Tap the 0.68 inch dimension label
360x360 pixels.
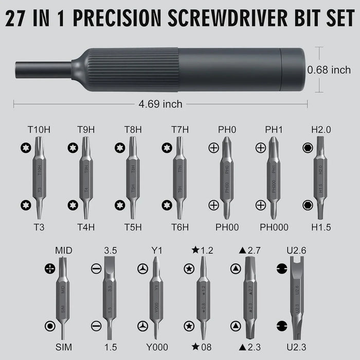click(329, 69)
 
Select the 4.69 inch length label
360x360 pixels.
click(160, 104)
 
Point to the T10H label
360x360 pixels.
click(39, 129)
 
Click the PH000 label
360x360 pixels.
click(274, 227)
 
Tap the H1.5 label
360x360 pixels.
click(321, 227)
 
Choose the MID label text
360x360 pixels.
click(64, 250)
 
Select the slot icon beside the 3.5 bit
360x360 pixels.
click(95, 268)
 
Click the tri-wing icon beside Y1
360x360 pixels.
click(142, 268)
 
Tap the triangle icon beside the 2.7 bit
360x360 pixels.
click(236, 268)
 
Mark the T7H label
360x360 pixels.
click(181, 129)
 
